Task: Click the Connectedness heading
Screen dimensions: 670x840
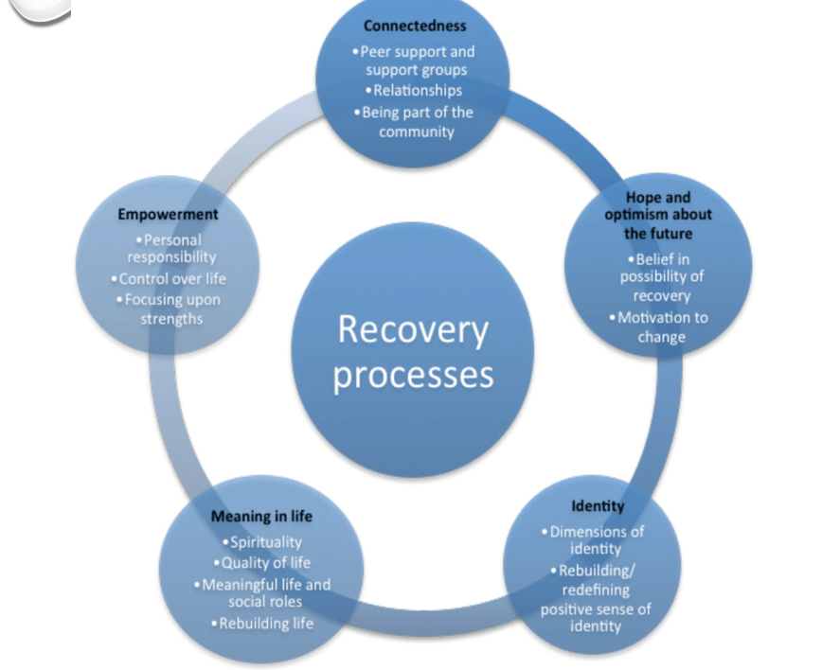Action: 415,26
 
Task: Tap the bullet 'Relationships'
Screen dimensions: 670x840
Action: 417,91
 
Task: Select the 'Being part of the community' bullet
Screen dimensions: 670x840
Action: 417,121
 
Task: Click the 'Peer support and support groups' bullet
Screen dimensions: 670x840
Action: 417,61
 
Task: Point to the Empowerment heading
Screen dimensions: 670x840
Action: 168,215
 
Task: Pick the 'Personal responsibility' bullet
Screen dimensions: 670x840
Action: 170,248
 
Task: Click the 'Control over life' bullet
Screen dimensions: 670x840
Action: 170,279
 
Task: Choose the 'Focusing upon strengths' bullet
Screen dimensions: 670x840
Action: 170,309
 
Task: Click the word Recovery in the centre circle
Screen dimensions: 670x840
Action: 413,329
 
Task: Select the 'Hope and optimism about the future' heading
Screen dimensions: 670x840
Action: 658,216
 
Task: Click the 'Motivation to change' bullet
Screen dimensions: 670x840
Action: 661,326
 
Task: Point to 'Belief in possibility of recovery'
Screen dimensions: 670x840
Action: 661,277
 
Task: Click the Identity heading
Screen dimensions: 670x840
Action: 598,506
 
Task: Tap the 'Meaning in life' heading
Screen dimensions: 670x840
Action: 261,517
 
